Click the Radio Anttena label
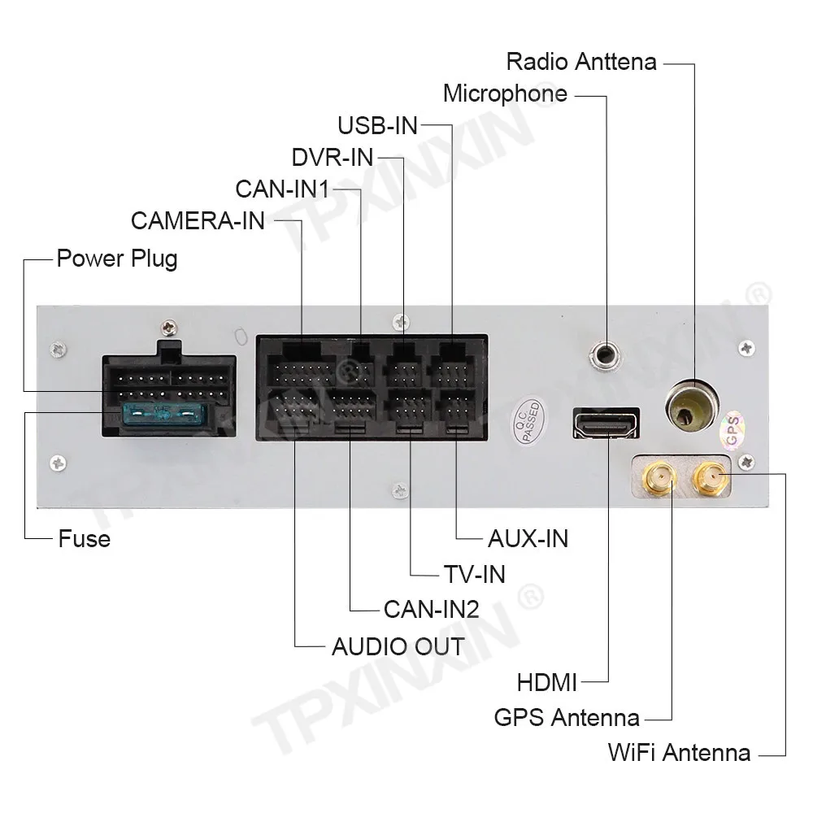tap(580, 61)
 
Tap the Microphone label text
tap(505, 93)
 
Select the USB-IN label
tap(377, 125)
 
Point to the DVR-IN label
tap(332, 156)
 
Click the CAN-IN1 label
tap(282, 189)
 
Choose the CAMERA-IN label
tap(198, 220)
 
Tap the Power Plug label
tap(116, 259)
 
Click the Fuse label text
tap(84, 539)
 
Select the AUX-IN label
tap(528, 538)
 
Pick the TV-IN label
tap(474, 574)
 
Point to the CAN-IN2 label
tap(431, 609)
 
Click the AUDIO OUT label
tap(398, 647)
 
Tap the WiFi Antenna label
tap(679, 753)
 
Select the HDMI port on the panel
tap(606, 423)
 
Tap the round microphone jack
tap(605, 354)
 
